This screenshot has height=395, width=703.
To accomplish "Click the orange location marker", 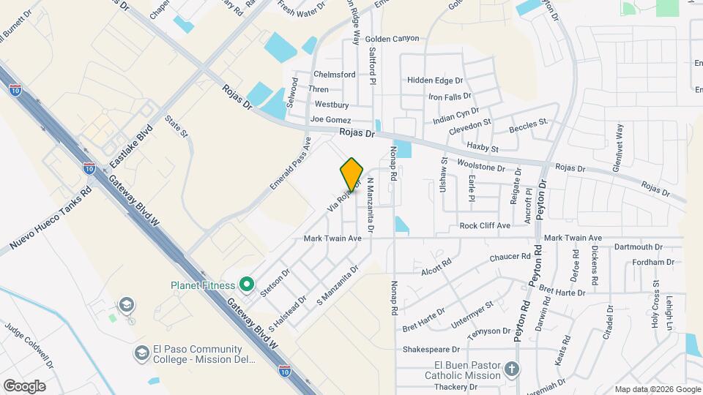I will point(351,174).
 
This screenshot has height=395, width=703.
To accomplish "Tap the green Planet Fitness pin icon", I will point(248,285).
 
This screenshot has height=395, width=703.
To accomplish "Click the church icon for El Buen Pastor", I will point(511,370).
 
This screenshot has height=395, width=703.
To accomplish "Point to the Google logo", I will point(24,385).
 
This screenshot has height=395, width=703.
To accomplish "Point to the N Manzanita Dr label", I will point(371,206).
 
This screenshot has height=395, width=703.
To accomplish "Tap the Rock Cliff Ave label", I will point(484,226).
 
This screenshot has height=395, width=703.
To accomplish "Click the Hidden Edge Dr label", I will point(436,80).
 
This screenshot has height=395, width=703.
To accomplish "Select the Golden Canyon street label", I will point(392,39).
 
